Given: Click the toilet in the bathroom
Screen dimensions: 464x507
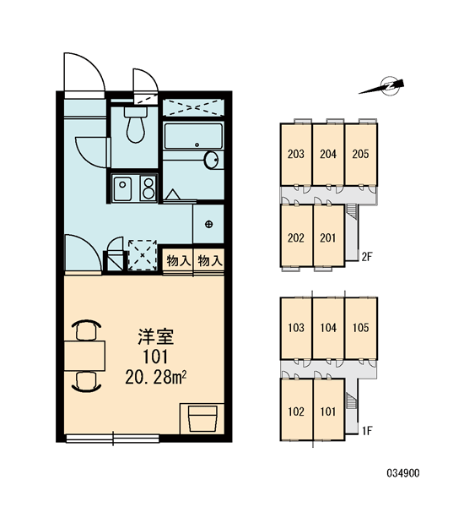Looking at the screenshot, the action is (x=136, y=125).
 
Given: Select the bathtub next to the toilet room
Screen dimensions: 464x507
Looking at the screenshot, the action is (x=193, y=136).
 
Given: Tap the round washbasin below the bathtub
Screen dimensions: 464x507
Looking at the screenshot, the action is (x=212, y=160).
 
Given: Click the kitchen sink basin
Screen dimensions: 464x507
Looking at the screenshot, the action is (x=122, y=188).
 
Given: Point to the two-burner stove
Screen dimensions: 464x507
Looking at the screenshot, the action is (x=148, y=188).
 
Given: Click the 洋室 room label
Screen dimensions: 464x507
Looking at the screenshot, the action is (x=156, y=336).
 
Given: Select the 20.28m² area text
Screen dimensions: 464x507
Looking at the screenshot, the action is (x=156, y=377).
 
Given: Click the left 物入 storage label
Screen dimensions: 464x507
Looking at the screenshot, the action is (x=178, y=260).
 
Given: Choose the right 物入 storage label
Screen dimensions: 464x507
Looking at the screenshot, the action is (x=209, y=260).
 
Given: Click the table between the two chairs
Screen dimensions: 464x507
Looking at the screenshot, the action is (x=84, y=356).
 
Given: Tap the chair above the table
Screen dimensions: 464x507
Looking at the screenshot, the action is (x=86, y=330).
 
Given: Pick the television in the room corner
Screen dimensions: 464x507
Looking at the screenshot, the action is (x=202, y=419).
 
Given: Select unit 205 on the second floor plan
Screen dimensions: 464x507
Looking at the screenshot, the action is (x=361, y=154).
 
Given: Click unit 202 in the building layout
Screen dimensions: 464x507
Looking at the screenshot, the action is (x=296, y=237).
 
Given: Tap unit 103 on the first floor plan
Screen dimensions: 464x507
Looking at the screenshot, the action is (x=296, y=328).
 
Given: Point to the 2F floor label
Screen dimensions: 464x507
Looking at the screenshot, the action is (x=367, y=257).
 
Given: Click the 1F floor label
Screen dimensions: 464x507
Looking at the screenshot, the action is (x=368, y=431).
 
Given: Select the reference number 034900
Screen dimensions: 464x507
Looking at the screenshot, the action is (x=403, y=473).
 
